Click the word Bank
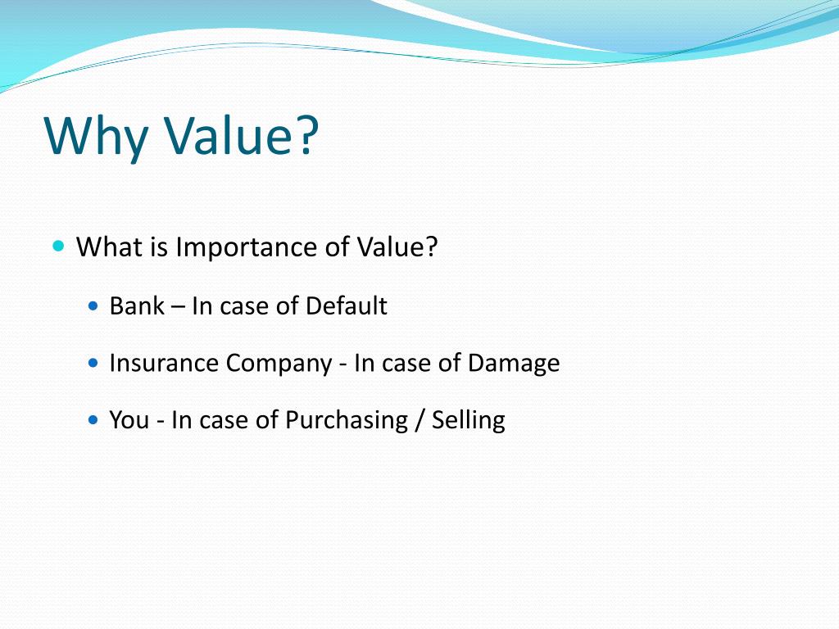[137, 306]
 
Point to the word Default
[346, 306]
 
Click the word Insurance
[164, 363]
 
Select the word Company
[279, 363]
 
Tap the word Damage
[514, 363]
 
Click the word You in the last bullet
[129, 420]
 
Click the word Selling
[468, 420]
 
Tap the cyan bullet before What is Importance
[58, 246]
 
